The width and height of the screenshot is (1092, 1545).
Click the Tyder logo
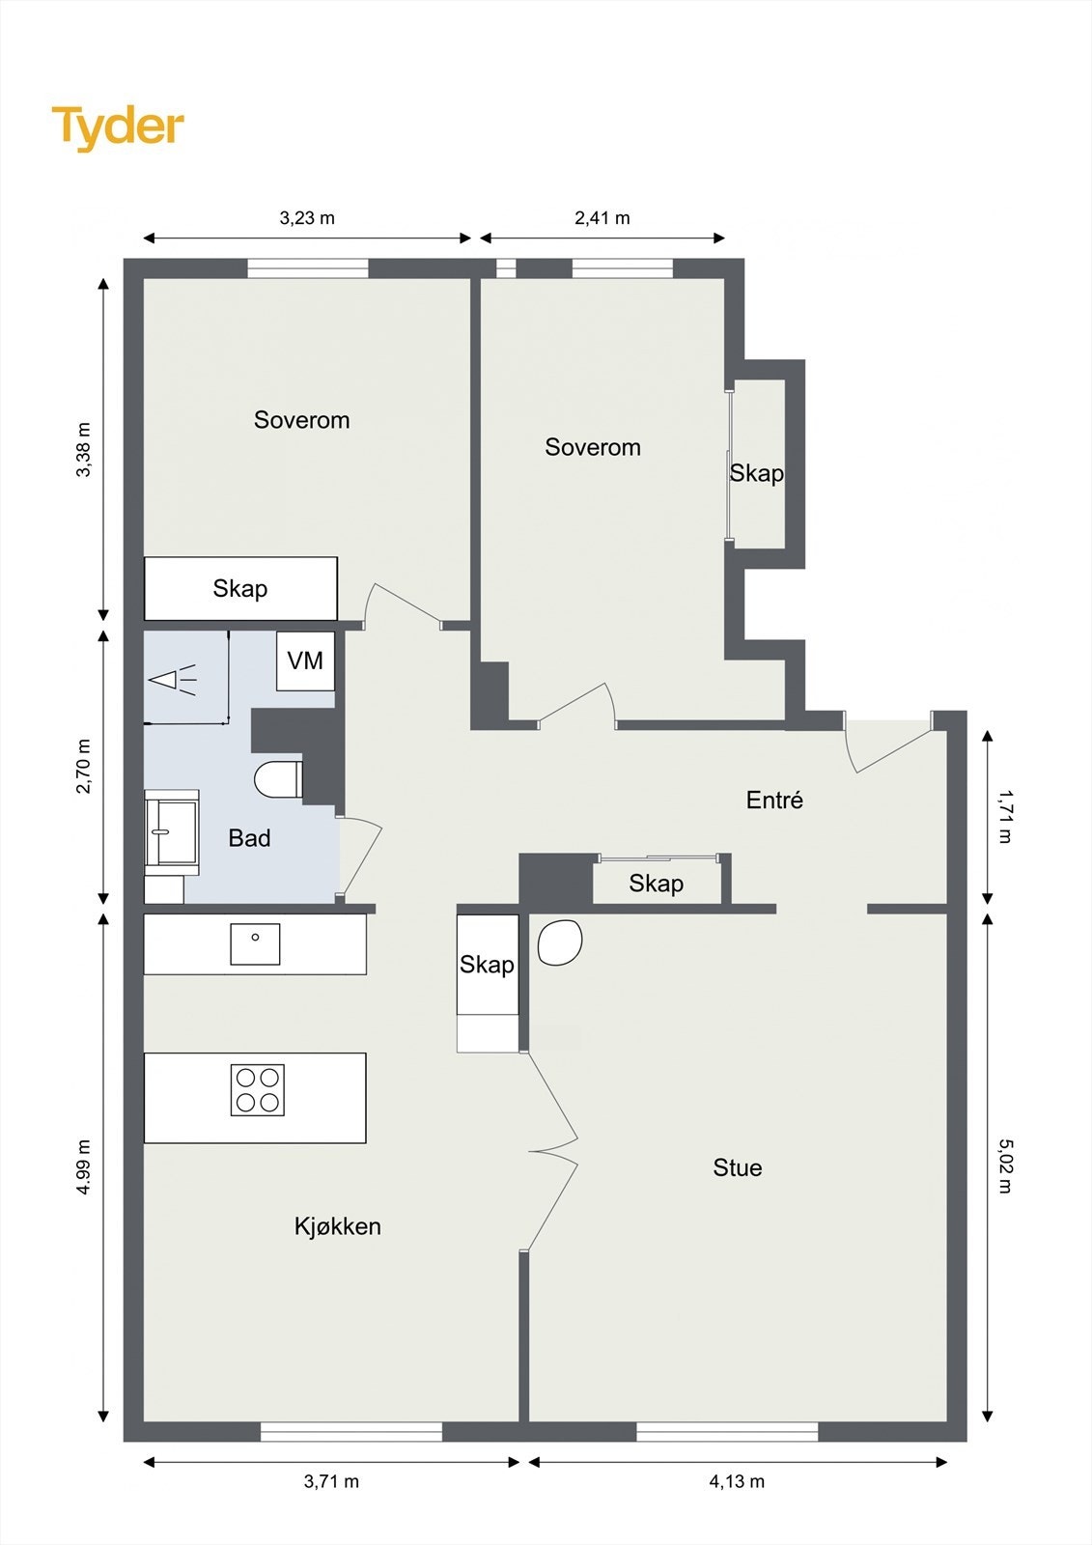point(118,128)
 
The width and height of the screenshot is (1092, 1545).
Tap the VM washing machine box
point(306,660)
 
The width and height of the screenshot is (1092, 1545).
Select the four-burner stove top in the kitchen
point(257,1090)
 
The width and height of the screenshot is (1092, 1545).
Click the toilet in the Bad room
point(279,780)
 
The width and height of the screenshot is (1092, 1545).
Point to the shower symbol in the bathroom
point(173,680)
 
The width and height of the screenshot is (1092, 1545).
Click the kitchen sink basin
point(255,944)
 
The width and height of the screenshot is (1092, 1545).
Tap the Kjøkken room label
point(337,1226)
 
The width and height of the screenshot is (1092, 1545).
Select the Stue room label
point(738,1167)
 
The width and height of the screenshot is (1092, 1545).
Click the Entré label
point(774,801)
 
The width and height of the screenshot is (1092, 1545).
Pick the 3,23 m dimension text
point(307,218)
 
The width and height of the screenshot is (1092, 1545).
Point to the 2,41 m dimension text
point(602,218)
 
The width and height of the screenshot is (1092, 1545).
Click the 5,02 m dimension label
point(1004,1166)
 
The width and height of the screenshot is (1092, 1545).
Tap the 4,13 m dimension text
point(737,1481)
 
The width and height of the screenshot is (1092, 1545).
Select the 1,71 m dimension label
point(1004,817)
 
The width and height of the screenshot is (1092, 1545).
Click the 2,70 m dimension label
point(83,767)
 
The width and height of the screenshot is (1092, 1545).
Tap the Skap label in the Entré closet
point(656,884)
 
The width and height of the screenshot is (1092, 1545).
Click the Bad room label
point(249,838)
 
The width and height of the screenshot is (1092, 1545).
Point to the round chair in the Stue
point(559,942)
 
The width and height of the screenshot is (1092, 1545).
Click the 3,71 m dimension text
point(331,1481)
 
